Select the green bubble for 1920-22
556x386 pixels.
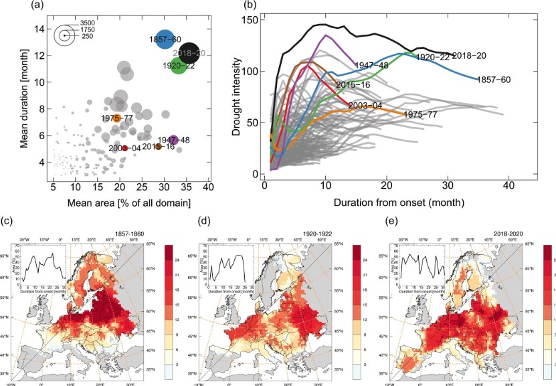point(178,65)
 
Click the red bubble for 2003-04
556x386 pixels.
point(124,148)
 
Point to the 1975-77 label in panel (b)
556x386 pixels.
point(422,114)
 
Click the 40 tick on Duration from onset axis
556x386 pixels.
point(509,185)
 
